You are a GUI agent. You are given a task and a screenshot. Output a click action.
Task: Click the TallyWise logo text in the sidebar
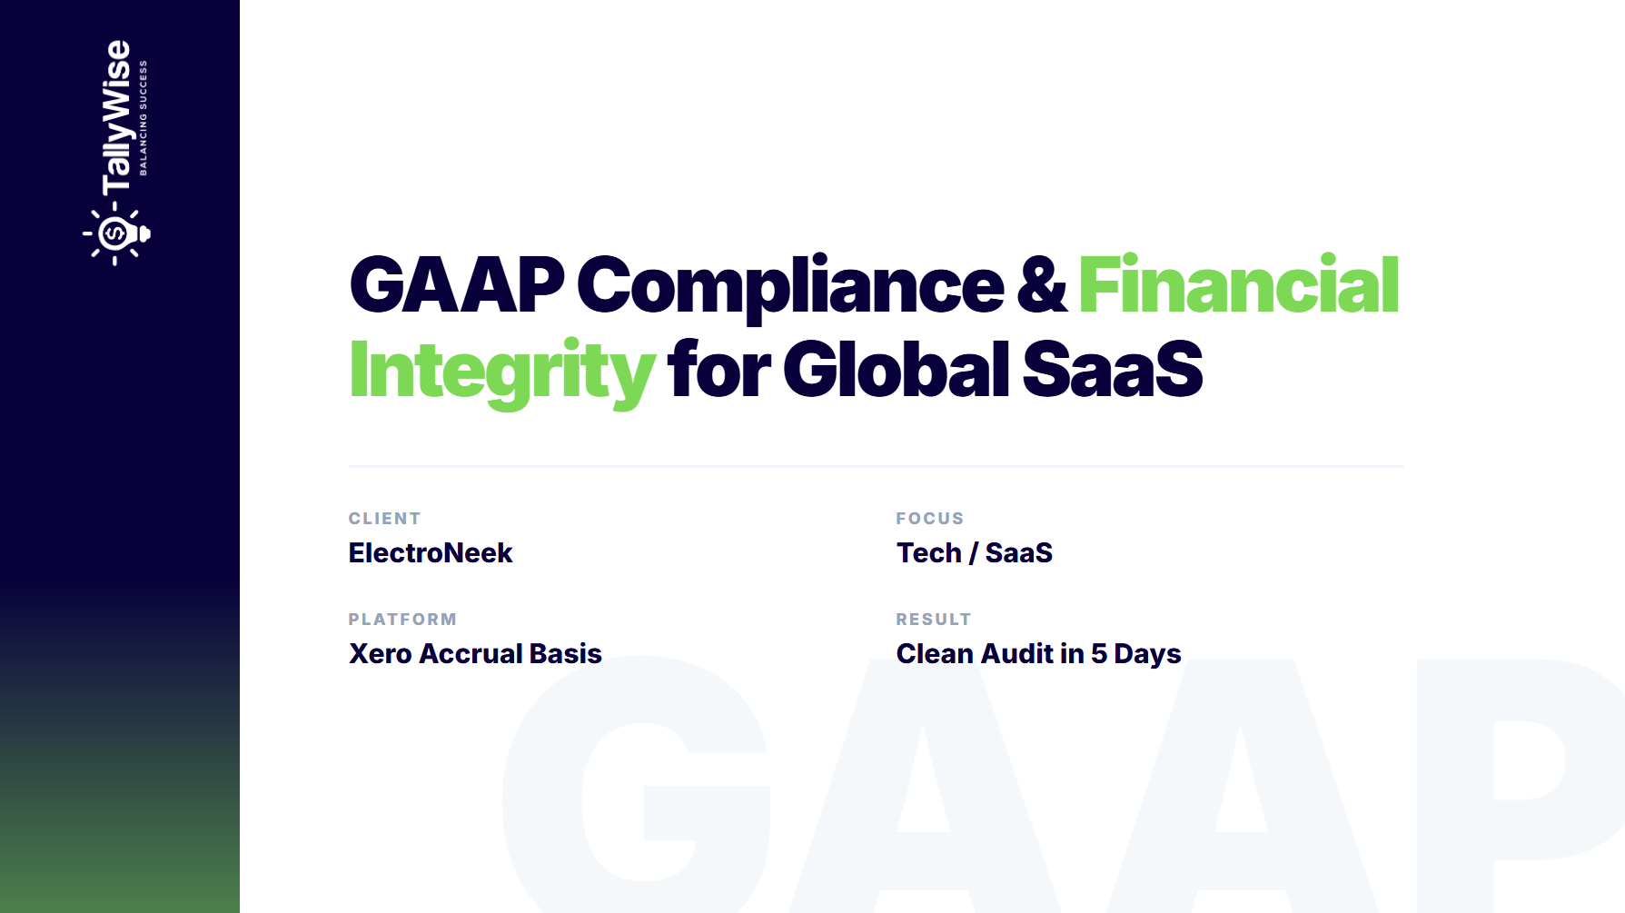point(116,118)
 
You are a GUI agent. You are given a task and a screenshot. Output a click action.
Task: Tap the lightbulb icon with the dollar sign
point(116,234)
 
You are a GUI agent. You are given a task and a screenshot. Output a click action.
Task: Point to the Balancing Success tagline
point(143,118)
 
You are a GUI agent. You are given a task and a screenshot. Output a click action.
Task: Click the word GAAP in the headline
point(457,285)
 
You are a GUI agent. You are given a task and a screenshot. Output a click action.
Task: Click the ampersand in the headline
point(1042,285)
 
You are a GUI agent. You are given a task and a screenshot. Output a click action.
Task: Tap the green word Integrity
point(501,372)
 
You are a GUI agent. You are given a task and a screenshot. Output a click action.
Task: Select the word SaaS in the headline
point(1113,370)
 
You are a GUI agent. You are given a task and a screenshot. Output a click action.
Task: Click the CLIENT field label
point(385,519)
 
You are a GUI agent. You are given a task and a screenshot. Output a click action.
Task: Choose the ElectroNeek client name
point(431,553)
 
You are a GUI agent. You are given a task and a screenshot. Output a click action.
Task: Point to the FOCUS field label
point(930,519)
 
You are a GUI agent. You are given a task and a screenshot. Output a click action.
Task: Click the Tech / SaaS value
point(975,553)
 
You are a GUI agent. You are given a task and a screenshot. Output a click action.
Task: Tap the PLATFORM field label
point(403,620)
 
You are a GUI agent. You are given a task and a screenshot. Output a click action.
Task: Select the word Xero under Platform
point(381,654)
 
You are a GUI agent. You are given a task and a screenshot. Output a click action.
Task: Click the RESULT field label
point(934,620)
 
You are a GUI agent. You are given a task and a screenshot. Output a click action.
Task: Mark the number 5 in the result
point(1099,654)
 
